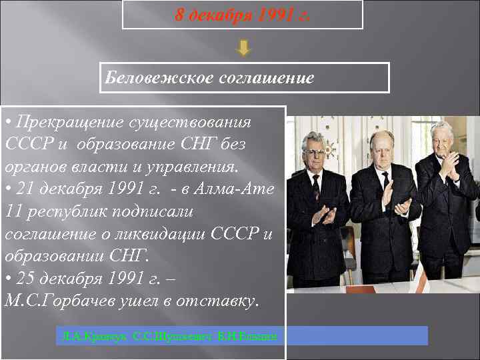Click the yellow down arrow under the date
(x=244, y=48)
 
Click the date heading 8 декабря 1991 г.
(x=242, y=14)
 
